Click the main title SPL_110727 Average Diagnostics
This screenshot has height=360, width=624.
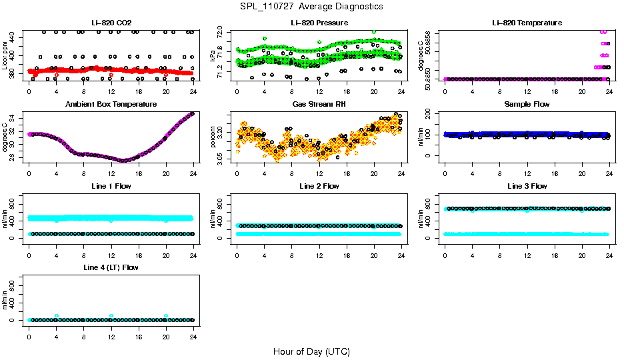tap(312, 6)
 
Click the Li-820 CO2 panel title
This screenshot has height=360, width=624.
tap(111, 23)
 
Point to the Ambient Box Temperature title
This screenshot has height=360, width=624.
tap(111, 105)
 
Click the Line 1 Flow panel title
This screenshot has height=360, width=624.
tap(111, 186)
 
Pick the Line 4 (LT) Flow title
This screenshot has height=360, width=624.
tap(111, 267)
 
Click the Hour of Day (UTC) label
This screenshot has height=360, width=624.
tap(311, 351)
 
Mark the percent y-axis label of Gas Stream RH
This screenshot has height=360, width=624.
tap(213, 137)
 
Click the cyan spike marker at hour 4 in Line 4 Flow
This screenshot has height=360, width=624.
tap(57, 315)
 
